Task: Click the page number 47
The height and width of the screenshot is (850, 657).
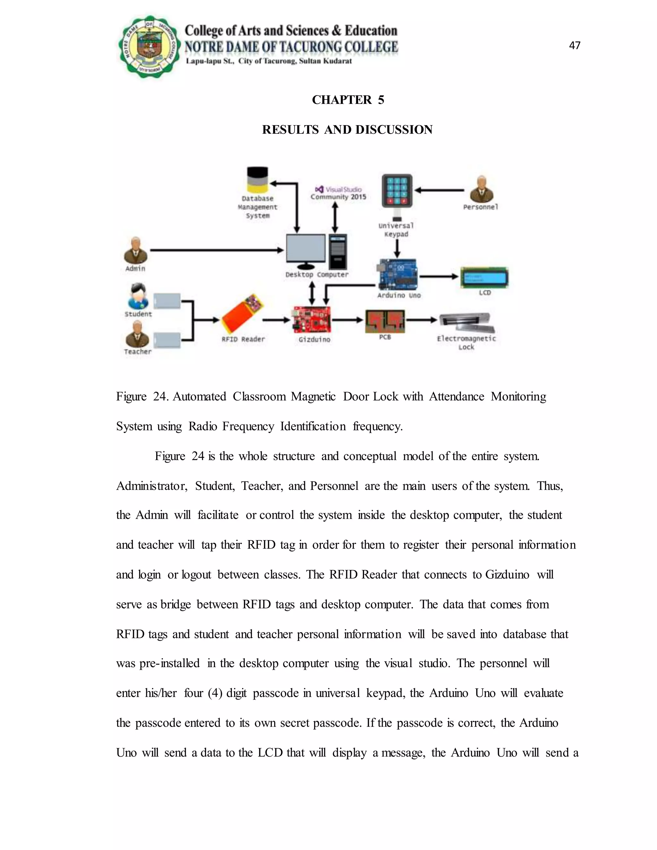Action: [575, 46]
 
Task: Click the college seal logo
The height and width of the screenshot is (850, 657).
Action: [149, 47]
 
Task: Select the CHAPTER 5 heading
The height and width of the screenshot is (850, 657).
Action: [348, 100]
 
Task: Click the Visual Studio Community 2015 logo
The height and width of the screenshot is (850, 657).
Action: [338, 193]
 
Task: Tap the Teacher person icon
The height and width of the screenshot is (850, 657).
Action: [137, 335]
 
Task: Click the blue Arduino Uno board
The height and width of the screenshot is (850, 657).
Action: [397, 275]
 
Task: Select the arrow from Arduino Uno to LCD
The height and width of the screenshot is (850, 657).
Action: [439, 276]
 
